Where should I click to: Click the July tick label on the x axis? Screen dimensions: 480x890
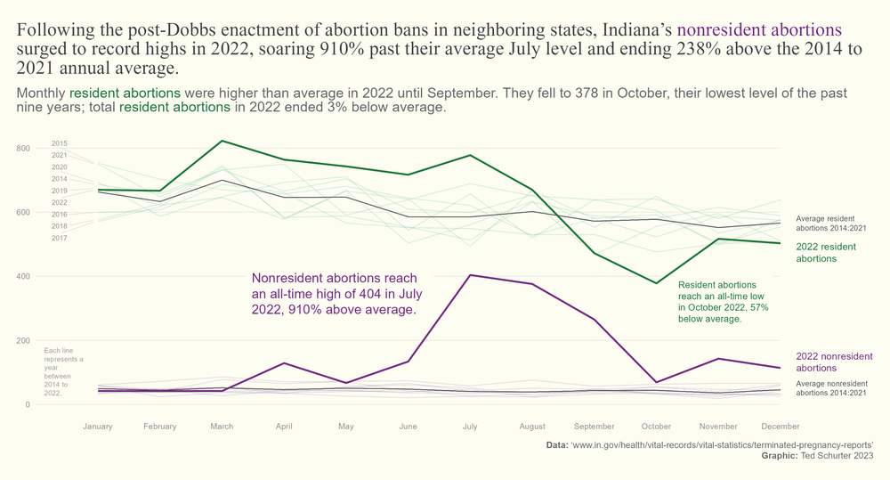click(x=470, y=427)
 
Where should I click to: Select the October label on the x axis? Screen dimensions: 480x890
click(x=656, y=427)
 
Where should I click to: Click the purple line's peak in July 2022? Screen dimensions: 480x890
click(x=470, y=275)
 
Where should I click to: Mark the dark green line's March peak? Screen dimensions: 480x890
click(x=222, y=141)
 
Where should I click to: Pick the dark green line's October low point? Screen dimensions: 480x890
click(x=656, y=283)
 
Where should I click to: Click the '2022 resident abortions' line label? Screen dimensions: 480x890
click(x=827, y=252)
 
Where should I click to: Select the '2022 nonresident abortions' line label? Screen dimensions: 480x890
click(x=834, y=362)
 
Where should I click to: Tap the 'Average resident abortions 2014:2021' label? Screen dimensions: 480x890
click(x=830, y=222)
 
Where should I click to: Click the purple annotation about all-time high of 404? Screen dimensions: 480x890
click(x=335, y=294)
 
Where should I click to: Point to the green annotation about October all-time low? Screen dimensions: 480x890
click(x=723, y=300)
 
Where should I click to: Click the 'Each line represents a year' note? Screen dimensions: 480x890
click(x=63, y=370)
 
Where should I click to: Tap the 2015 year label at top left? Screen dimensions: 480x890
click(x=60, y=143)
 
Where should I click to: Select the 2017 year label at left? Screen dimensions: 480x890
click(x=60, y=238)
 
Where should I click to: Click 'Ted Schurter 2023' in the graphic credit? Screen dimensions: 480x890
click(x=837, y=455)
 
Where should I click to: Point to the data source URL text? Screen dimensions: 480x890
click(x=722, y=443)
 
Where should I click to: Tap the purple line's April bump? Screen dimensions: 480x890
click(x=284, y=363)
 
